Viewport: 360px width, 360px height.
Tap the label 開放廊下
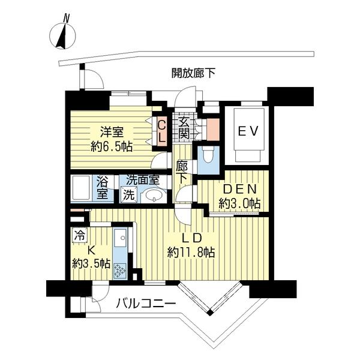pyautogui.click(x=193, y=74)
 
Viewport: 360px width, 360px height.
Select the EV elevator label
pyautogui.click(x=248, y=131)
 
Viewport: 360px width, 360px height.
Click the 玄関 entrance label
pyautogui.click(x=184, y=127)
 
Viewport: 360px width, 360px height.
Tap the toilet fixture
pyautogui.click(x=208, y=157)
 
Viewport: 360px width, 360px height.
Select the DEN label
pyautogui.click(x=238, y=188)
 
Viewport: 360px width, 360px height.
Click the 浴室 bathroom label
pyautogui.click(x=103, y=187)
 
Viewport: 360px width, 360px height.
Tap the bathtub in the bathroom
pyautogui.click(x=82, y=187)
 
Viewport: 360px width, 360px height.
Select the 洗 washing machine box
pyautogui.click(x=128, y=194)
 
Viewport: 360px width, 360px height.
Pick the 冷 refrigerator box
pyautogui.click(x=79, y=236)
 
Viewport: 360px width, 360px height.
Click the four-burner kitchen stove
pyautogui.click(x=120, y=270)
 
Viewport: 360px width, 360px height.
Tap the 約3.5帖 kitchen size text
pyautogui.click(x=91, y=263)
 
